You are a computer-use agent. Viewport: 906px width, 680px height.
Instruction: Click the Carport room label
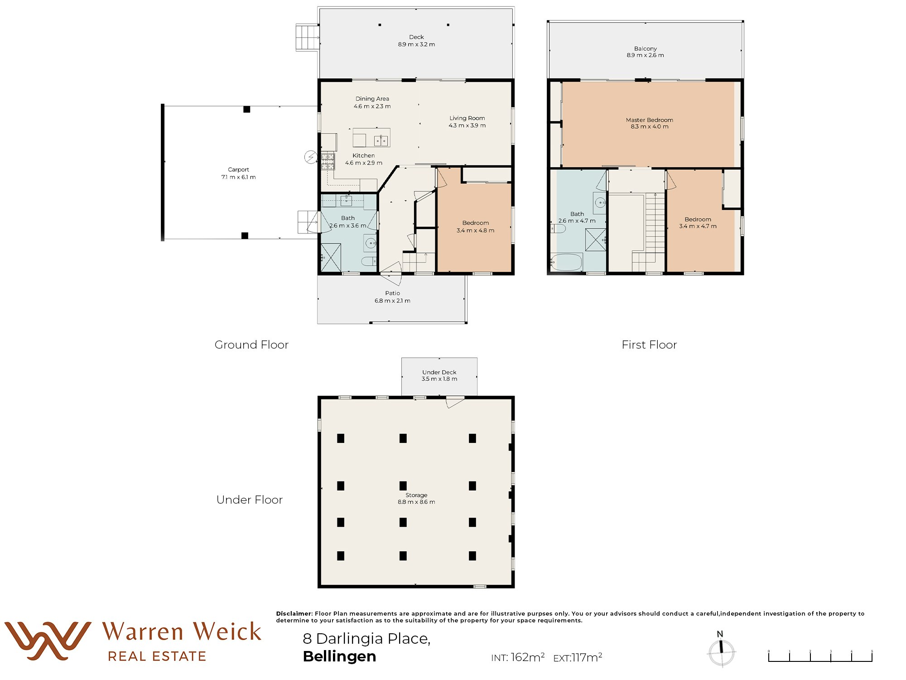(x=238, y=170)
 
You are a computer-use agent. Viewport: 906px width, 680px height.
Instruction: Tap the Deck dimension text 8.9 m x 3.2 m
(x=416, y=44)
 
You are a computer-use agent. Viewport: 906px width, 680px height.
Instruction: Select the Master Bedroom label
(x=649, y=120)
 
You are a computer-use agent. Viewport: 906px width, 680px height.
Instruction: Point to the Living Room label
(x=467, y=118)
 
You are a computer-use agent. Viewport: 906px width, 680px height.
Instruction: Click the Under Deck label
(x=439, y=372)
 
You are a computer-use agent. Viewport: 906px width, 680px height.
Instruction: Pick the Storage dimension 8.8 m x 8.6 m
(x=416, y=502)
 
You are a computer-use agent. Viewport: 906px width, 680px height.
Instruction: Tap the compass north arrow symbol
(x=721, y=649)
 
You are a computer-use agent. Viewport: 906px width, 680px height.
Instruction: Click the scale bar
(x=820, y=656)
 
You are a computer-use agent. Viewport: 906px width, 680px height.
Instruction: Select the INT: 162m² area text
(x=518, y=657)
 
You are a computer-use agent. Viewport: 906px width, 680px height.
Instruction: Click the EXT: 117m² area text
(x=578, y=657)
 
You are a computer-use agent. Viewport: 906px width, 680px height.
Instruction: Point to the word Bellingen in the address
(x=339, y=657)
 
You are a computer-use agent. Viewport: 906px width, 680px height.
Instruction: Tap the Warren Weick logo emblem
(x=48, y=641)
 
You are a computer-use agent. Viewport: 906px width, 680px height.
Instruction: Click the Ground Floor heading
(x=251, y=345)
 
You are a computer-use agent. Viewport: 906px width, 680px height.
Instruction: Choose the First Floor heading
(x=649, y=345)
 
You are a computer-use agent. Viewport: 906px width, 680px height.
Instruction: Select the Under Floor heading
(x=249, y=500)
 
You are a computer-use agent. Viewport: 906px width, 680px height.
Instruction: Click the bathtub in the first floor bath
(x=566, y=262)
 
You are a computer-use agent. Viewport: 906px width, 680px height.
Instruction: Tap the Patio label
(x=392, y=293)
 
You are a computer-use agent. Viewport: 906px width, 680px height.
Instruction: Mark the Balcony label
(x=645, y=49)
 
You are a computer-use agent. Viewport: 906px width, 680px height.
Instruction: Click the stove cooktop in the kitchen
(x=328, y=162)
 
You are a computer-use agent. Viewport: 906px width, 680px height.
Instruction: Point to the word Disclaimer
(x=294, y=614)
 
